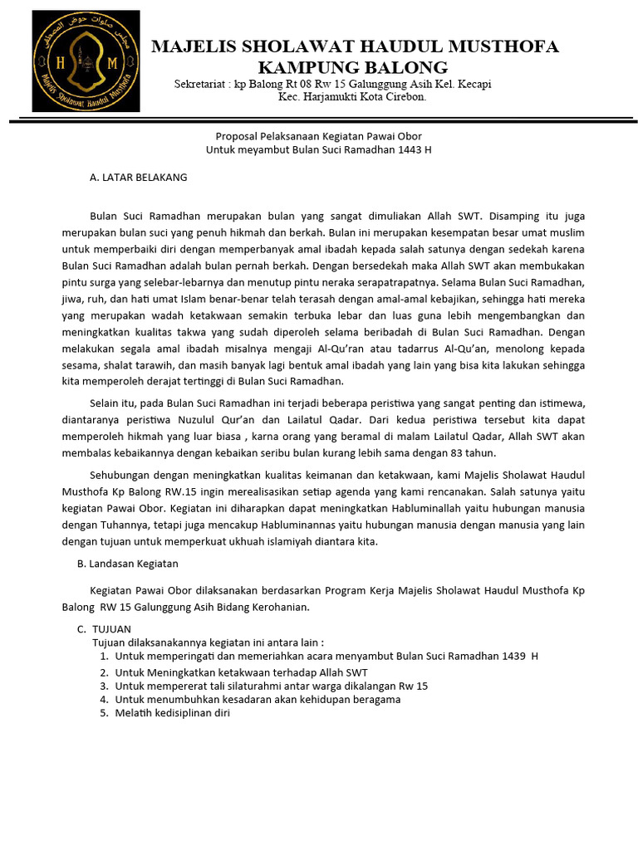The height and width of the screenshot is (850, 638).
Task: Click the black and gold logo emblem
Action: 86,61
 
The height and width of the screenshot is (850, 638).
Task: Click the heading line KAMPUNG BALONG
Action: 352,67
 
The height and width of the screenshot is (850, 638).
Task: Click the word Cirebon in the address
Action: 406,97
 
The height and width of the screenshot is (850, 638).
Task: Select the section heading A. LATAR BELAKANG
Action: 138,177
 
